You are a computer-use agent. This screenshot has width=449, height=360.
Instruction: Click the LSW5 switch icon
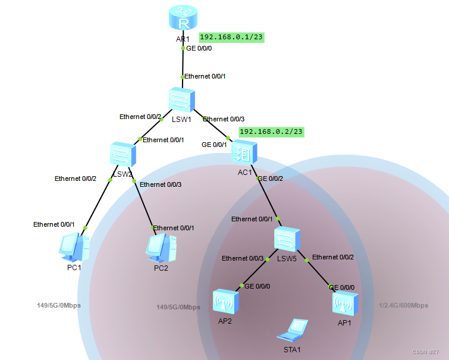288,239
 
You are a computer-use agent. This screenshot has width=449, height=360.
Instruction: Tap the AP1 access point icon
344,304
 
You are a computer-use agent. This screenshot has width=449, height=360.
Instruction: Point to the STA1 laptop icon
296,330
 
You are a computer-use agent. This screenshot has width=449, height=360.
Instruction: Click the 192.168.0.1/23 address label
231,37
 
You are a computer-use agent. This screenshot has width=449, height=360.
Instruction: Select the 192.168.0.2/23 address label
271,132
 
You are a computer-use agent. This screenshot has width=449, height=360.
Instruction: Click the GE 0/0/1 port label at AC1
215,145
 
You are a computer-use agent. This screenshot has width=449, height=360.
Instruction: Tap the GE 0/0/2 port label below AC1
270,178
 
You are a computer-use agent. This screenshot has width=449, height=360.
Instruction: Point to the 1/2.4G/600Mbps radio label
403,306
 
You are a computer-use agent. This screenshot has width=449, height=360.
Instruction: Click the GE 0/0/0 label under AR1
199,49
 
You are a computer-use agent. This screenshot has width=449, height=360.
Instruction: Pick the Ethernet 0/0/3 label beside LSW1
224,119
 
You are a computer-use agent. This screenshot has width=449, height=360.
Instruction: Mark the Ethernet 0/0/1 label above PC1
54,224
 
